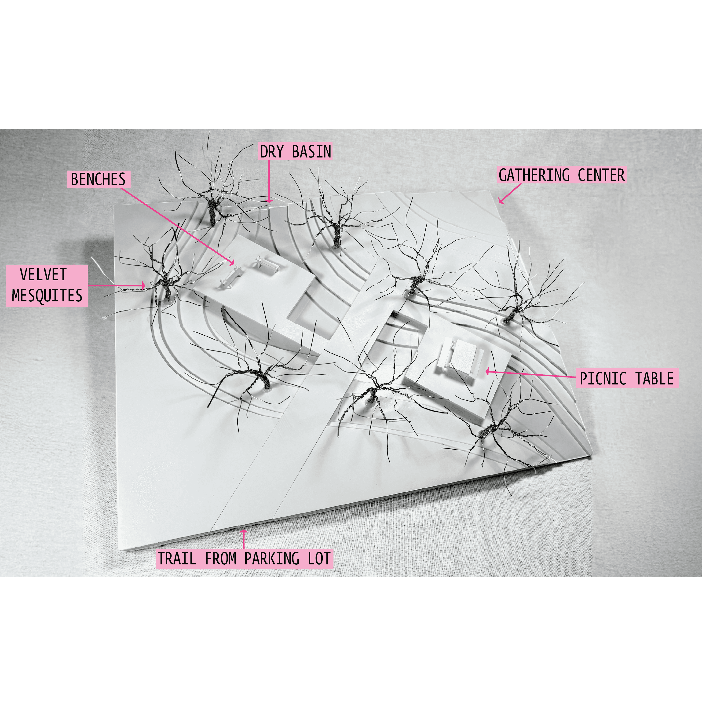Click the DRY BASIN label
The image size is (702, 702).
coord(295,152)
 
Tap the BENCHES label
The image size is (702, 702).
coord(99,179)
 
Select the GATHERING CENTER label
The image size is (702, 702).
coord(562,175)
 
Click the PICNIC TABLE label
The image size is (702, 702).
coord(627,378)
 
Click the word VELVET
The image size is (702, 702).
coord(43,274)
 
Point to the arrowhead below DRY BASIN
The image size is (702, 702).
coord(269,200)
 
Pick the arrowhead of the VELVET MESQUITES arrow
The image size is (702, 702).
coord(144,285)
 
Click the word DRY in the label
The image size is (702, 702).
coord(272,152)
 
